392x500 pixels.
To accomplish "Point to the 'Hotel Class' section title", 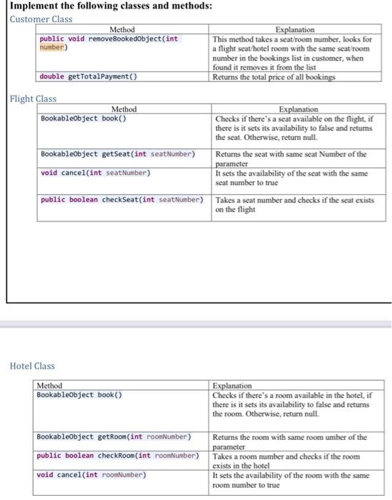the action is [x=32, y=366].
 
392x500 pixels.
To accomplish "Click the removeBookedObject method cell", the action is [x=109, y=44].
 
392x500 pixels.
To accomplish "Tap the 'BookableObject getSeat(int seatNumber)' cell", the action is [x=118, y=154].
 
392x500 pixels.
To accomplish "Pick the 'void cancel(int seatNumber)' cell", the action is [x=96, y=173].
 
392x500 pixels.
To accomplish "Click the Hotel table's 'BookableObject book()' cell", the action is [x=79, y=394].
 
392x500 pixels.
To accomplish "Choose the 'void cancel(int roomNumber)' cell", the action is [x=92, y=474].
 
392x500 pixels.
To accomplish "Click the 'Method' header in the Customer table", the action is [x=121, y=29].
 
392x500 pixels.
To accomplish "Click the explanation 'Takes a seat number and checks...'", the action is [x=295, y=205].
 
